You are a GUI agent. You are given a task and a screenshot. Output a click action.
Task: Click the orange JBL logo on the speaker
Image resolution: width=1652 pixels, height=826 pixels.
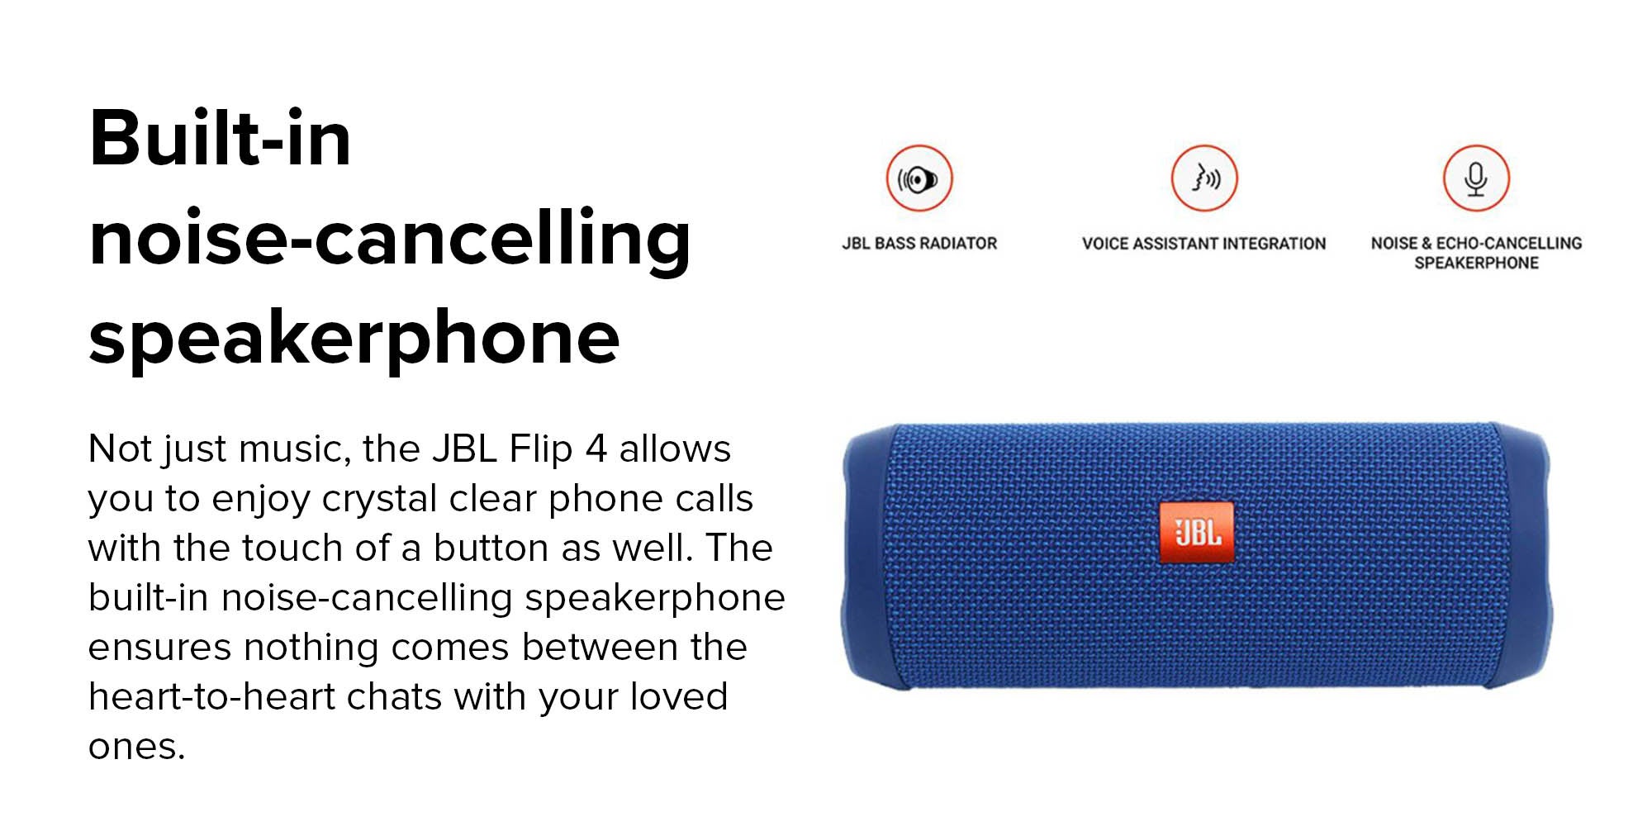[x=1197, y=533]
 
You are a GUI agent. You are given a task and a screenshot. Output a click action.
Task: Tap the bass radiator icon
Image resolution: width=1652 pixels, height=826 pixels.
[x=919, y=178]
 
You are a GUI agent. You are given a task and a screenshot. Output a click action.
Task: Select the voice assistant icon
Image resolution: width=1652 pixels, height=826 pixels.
[x=1204, y=178]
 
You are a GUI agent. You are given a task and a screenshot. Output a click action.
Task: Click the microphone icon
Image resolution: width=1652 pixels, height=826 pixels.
[x=1476, y=178]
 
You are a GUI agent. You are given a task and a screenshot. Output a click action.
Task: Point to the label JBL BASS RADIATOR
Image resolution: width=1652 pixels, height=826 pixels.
[x=919, y=244]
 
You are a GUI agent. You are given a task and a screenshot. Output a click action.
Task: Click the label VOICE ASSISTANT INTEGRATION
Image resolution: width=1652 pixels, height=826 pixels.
[x=1204, y=244]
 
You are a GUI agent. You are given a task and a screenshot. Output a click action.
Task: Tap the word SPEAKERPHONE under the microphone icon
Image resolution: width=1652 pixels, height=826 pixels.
[x=1476, y=263]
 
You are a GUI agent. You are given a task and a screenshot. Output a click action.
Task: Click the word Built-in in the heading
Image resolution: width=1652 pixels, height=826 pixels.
[x=221, y=138]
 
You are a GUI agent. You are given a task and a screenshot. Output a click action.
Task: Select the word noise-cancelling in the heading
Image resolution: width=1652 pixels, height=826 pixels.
[x=390, y=240]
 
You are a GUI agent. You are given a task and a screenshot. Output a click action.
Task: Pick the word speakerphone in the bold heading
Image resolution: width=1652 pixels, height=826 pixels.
[x=354, y=339]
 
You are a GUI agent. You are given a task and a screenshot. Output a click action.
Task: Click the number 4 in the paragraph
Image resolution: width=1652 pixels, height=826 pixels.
[x=596, y=449]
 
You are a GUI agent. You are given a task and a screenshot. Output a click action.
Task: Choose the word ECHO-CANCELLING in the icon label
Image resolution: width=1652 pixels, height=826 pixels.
[x=1509, y=244]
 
